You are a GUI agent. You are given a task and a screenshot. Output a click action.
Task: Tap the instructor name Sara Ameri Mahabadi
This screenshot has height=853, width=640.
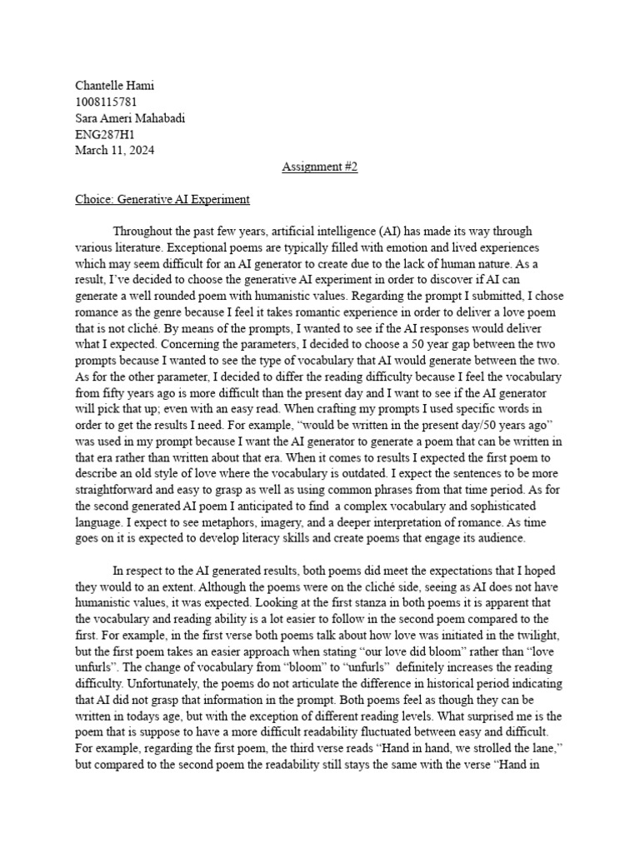tap(130, 118)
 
